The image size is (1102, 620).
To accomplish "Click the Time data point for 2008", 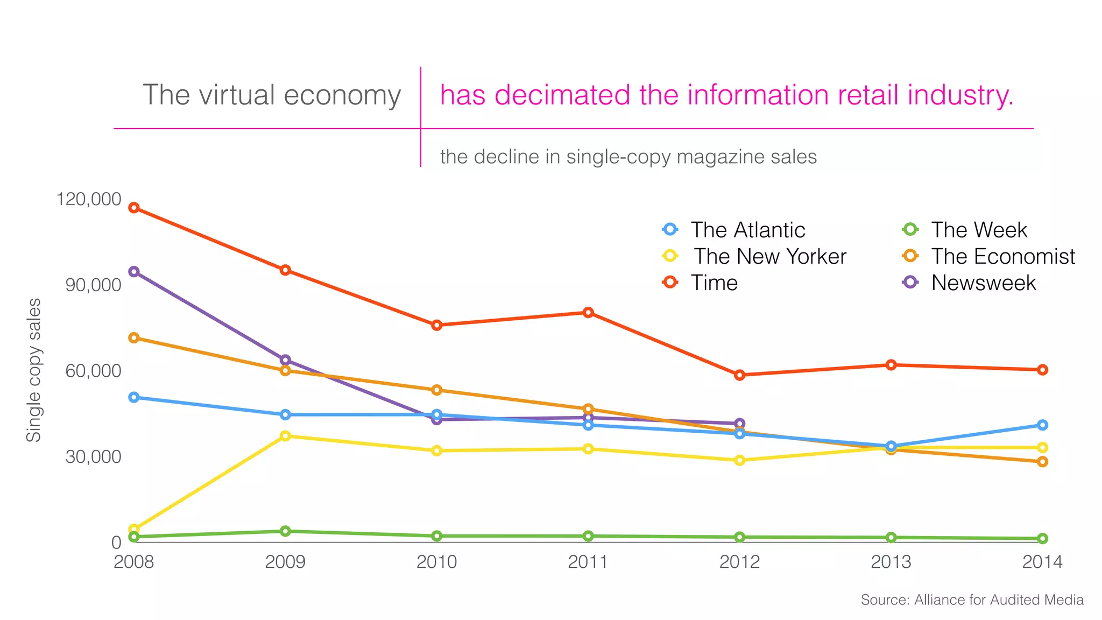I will click(x=134, y=208).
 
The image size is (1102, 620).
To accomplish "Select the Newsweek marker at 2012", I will click(x=739, y=424).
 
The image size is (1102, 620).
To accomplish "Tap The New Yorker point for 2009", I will click(x=285, y=436).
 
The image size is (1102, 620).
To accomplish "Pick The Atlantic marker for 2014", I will click(x=1042, y=425).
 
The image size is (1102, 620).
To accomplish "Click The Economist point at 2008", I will click(x=134, y=338).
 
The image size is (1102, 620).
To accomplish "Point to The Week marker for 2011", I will click(x=588, y=536).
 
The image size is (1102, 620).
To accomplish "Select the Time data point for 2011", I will click(x=588, y=313).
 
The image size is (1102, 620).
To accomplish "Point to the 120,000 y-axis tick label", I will click(x=89, y=199).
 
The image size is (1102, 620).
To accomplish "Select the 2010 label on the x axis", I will click(x=436, y=562).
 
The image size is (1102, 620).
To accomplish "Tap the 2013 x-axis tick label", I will click(x=891, y=562).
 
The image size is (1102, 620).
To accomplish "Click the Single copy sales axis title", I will click(x=34, y=370).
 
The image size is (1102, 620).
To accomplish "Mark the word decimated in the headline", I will click(x=563, y=95).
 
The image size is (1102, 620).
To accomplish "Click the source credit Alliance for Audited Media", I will click(x=972, y=600).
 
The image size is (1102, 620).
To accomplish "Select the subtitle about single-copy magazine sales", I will click(x=628, y=157).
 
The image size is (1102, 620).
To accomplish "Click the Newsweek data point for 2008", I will click(x=134, y=272).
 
